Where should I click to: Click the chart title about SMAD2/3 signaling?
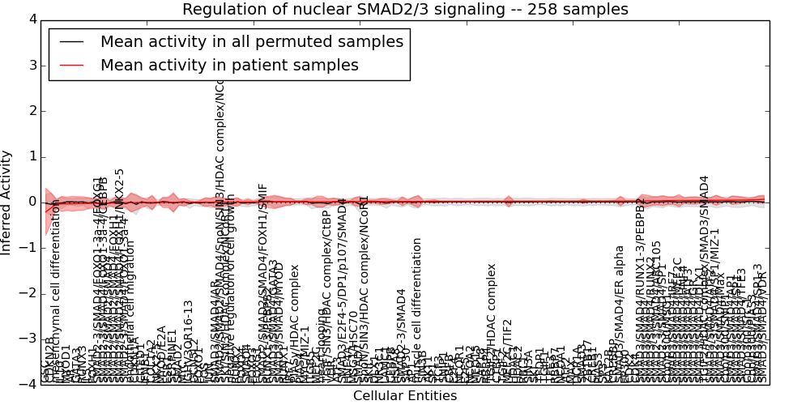tap(405, 10)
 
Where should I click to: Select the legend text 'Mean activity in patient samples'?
tap(229, 66)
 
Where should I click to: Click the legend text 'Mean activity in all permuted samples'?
tap(251, 41)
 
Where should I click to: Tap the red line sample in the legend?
tap(70, 66)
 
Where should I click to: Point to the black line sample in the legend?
tap(70, 41)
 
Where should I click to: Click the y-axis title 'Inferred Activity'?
tap(7, 202)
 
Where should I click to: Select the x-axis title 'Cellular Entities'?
tap(405, 396)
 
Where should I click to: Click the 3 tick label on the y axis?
tap(32, 66)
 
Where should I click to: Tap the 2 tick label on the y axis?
tap(32, 111)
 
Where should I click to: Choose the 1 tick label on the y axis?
tap(32, 156)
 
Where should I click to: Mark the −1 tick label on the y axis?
tap(28, 248)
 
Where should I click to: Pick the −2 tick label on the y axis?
tap(28, 293)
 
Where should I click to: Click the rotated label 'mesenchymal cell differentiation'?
tap(56, 292)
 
